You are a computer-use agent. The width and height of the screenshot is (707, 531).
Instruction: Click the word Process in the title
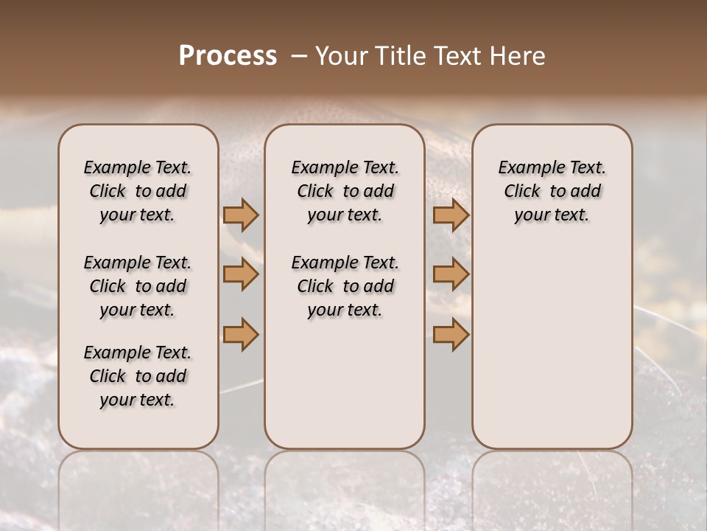228,56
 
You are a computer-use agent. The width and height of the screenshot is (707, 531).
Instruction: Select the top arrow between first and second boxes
241,215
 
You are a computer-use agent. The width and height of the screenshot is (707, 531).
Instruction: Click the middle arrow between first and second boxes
241,274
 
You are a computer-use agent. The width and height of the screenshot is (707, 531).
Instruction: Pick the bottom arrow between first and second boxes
241,334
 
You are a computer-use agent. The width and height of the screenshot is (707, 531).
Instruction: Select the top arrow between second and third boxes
451,215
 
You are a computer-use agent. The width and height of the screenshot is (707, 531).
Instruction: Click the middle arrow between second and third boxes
451,274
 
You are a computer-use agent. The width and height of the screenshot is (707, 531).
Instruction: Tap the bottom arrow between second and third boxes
451,334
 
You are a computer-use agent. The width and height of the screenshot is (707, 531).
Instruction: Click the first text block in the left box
138,191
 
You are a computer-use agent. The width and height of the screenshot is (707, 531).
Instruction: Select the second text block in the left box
138,286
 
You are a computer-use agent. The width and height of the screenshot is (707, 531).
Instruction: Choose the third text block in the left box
138,376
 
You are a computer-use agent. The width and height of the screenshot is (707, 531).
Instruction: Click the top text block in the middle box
345,191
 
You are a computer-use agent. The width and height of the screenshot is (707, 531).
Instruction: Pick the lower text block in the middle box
345,286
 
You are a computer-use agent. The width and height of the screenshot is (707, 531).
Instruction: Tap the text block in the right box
552,191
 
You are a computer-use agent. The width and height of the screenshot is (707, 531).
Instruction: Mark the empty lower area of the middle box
345,383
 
